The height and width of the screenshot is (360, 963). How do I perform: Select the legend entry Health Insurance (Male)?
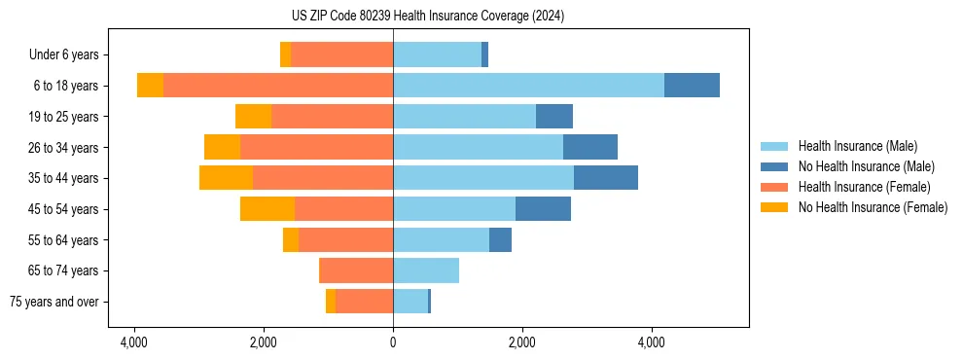(857, 146)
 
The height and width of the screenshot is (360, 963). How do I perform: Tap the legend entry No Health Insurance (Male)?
(866, 166)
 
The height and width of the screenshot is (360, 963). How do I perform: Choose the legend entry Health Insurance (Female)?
(864, 187)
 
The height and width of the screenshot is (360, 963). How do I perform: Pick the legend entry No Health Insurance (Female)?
(873, 207)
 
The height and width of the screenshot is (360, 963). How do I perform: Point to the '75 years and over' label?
(54, 302)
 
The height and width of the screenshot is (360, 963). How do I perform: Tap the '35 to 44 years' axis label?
(63, 178)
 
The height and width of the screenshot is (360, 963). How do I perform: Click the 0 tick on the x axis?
(393, 342)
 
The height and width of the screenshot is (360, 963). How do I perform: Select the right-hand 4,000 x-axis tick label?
(651, 342)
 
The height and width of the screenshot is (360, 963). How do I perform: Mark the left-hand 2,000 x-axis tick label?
(264, 342)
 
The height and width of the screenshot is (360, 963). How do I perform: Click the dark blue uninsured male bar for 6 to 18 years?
(692, 86)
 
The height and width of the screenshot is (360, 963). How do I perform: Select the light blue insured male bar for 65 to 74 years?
(426, 270)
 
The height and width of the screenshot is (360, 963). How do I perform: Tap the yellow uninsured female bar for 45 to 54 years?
(267, 209)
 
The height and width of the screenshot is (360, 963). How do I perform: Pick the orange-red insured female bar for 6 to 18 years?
(278, 86)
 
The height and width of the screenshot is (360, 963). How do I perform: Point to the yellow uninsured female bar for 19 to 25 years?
(253, 117)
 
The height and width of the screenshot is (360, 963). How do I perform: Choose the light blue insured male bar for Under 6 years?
(437, 55)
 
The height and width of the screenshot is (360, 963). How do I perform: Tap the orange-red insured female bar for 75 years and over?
(364, 302)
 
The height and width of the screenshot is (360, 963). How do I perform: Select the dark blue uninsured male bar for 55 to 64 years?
(500, 240)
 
